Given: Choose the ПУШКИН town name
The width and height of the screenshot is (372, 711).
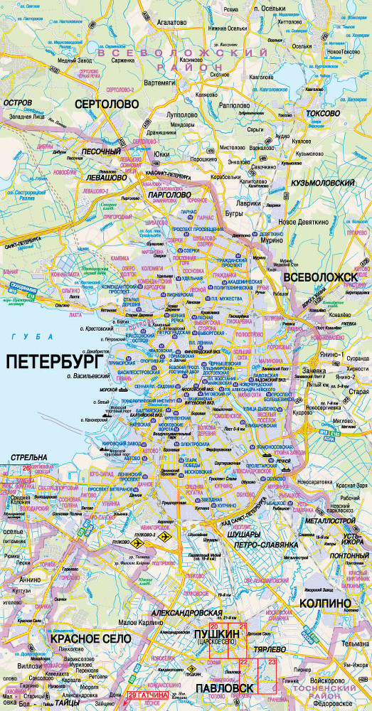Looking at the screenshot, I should pos(214,632).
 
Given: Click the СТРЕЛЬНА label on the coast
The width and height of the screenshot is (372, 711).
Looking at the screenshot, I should pos(23,456).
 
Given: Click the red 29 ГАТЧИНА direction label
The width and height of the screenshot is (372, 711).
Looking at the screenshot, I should pos(149,694).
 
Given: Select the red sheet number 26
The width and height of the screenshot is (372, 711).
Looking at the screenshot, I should pos(26,468).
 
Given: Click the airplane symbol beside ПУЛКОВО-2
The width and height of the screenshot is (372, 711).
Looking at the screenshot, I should pos(166,539).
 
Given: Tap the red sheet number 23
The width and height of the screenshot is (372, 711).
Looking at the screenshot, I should pos(272,661).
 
